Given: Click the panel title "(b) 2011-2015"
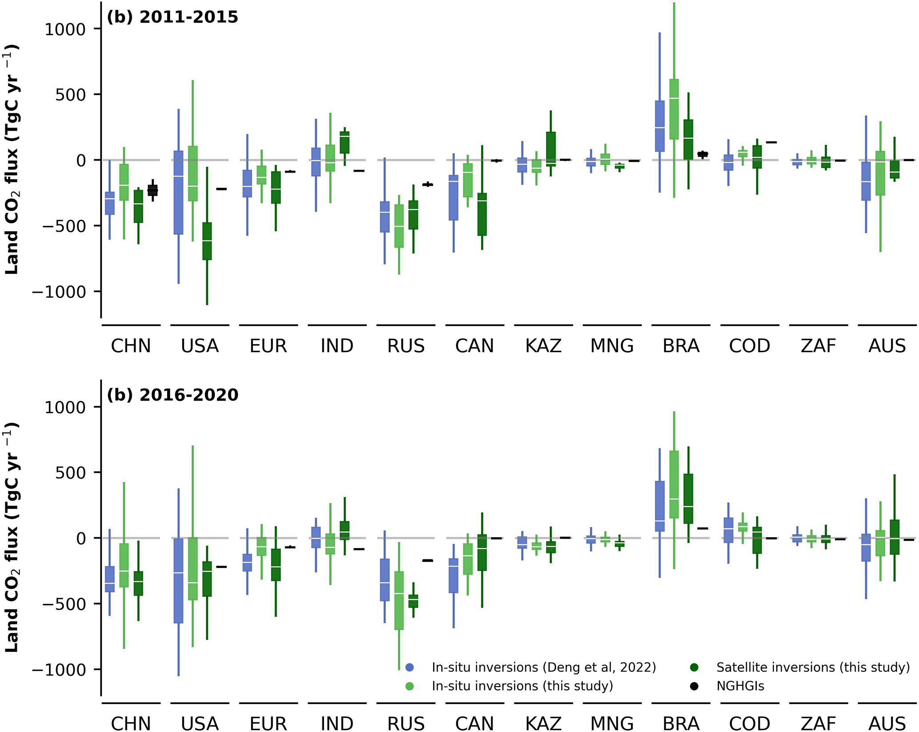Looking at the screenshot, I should coord(173,17).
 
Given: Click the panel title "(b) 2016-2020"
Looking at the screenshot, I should coord(173,395).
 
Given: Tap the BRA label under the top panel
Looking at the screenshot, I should coord(681,346).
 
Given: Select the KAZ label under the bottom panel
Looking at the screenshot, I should coord(543,723).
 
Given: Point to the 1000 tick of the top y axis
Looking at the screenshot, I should coord(65,29).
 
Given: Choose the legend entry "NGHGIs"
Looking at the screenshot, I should coord(740,686).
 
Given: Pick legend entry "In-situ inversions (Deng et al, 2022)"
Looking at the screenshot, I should coord(543,667).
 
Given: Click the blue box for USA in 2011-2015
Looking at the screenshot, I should coord(178,192).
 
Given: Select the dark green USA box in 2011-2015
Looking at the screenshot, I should coord(207,241).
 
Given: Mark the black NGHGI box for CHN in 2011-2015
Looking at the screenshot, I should coord(152,190).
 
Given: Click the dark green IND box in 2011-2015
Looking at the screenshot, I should coord(345,142).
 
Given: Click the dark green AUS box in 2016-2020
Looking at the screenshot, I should coord(895,537).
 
